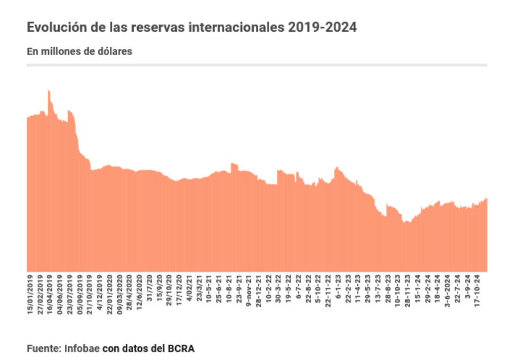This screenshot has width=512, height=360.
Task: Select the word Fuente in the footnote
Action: (44, 348)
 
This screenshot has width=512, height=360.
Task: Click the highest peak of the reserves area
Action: (48, 90)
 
